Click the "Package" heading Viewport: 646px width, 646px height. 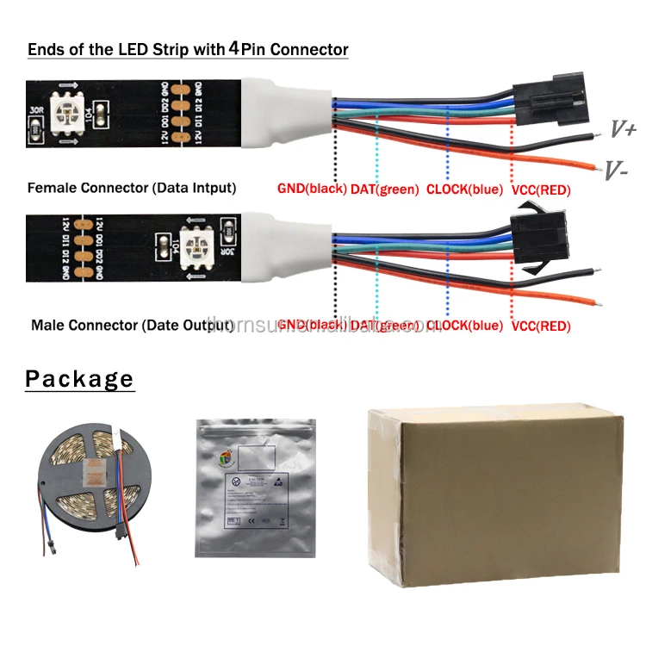[79, 379]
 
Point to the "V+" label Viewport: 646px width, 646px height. [623, 129]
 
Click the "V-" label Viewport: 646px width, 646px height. [615, 171]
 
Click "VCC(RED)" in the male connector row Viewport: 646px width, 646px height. [541, 326]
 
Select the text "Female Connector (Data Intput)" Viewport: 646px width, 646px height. [132, 188]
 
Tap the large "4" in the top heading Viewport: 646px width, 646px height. [233, 48]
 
